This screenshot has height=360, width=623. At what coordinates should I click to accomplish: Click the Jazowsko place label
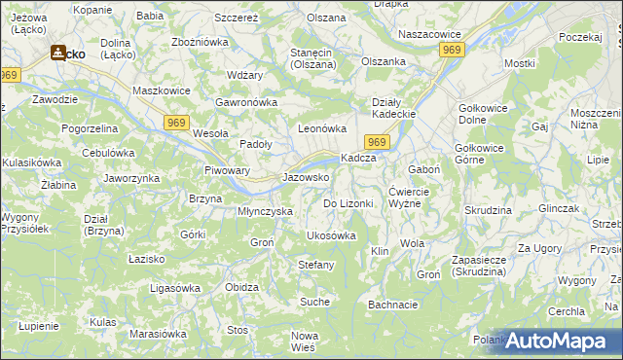pyautogui.click(x=306, y=178)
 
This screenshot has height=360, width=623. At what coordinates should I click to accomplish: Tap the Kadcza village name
pyautogui.click(x=357, y=159)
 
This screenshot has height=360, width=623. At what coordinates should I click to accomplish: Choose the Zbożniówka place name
pyautogui.click(x=200, y=42)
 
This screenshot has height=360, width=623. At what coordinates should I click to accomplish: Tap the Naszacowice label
pyautogui.click(x=429, y=34)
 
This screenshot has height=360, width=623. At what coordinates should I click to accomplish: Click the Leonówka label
pyautogui.click(x=322, y=127)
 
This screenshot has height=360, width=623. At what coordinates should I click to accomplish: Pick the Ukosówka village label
pyautogui.click(x=331, y=235)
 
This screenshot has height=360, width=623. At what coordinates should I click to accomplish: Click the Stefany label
pyautogui.click(x=315, y=265)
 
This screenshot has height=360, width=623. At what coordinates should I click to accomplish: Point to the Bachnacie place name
pyautogui.click(x=393, y=305)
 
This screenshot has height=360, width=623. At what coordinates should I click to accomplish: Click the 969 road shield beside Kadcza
pyautogui.click(x=379, y=143)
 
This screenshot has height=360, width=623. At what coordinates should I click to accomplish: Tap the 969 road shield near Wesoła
pyautogui.click(x=176, y=120)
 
